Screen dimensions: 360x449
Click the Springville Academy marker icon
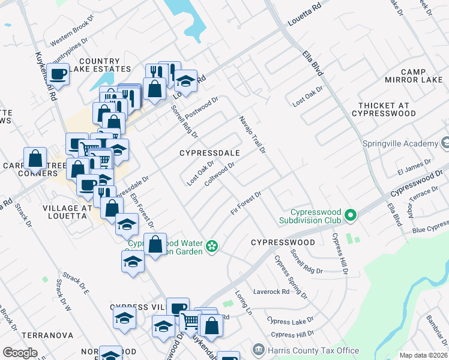click(445, 143)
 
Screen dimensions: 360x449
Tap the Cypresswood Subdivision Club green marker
click(351, 214)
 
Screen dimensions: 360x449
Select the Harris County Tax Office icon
click(258, 350)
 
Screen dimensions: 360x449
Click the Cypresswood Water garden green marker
click(211, 245)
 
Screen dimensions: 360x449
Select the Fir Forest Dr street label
click(246, 203)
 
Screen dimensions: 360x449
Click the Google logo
click(20, 353)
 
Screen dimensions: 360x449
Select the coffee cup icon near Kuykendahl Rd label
click(58, 74)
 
